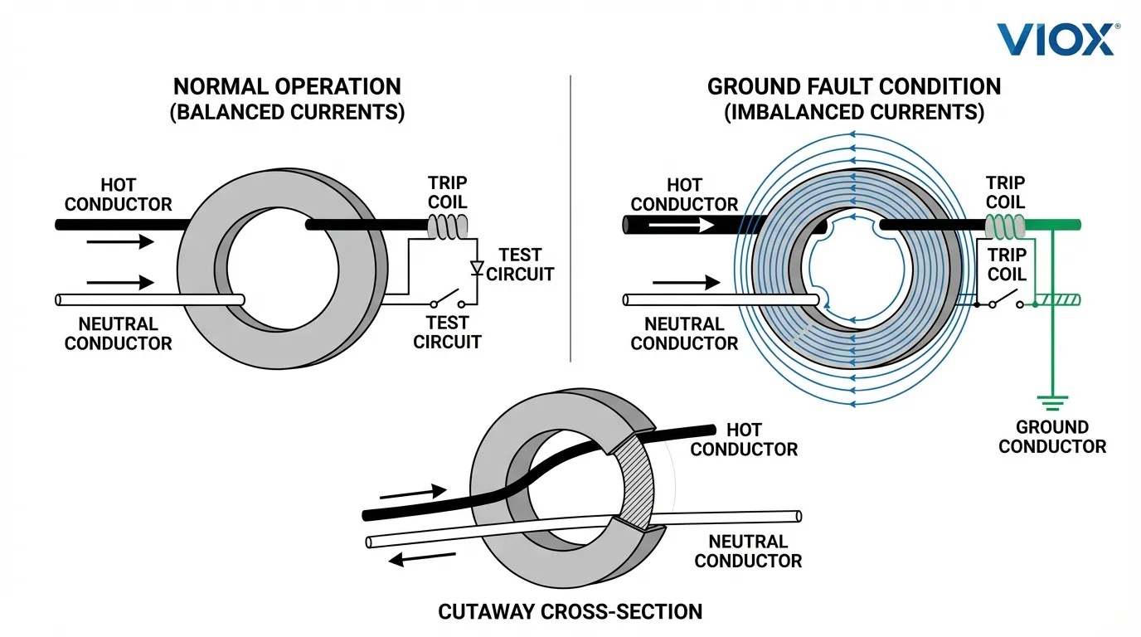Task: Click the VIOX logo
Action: coord(1056,38)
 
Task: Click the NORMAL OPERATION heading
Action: coord(287,86)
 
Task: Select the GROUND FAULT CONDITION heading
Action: coord(854,86)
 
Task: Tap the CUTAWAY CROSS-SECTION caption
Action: coord(570,612)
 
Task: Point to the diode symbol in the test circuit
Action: coord(476,268)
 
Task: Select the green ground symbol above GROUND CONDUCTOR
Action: coord(1053,404)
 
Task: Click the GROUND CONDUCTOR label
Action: coord(1052,437)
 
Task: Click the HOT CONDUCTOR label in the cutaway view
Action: coord(744,440)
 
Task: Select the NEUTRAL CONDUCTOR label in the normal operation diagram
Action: coord(119,333)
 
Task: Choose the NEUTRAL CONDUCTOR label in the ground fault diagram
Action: coord(684,333)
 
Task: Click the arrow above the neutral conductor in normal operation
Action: coord(120,282)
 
